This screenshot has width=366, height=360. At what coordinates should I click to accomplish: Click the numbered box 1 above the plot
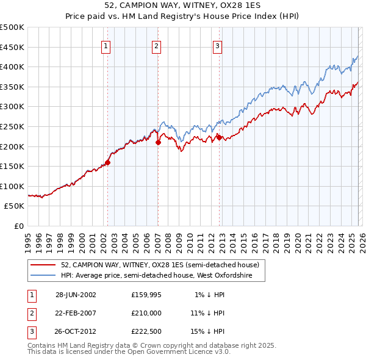point(106,46)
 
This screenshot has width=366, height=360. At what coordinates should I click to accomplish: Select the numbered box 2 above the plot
point(156,46)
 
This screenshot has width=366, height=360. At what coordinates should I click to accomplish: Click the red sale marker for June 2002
point(108,162)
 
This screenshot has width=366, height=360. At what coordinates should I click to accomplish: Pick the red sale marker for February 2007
point(158,142)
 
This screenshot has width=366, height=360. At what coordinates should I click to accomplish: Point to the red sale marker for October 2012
point(219,137)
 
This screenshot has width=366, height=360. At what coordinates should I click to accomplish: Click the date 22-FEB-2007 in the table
point(76,312)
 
